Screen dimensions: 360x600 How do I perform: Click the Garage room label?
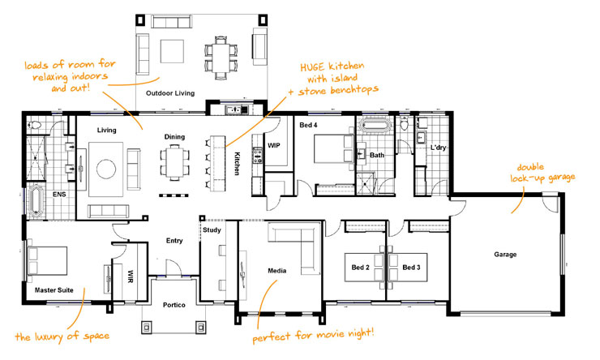tap(504, 254)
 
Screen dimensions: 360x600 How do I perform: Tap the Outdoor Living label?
tap(169, 94)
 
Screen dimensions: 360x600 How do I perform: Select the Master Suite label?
tap(54, 289)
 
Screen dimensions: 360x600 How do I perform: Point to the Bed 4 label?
tap(307, 126)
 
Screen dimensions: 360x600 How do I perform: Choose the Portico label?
tap(174, 304)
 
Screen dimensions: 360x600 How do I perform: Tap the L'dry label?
tap(438, 148)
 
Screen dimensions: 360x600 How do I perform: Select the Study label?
tap(211, 229)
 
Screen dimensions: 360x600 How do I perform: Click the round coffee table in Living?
tap(107, 168)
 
